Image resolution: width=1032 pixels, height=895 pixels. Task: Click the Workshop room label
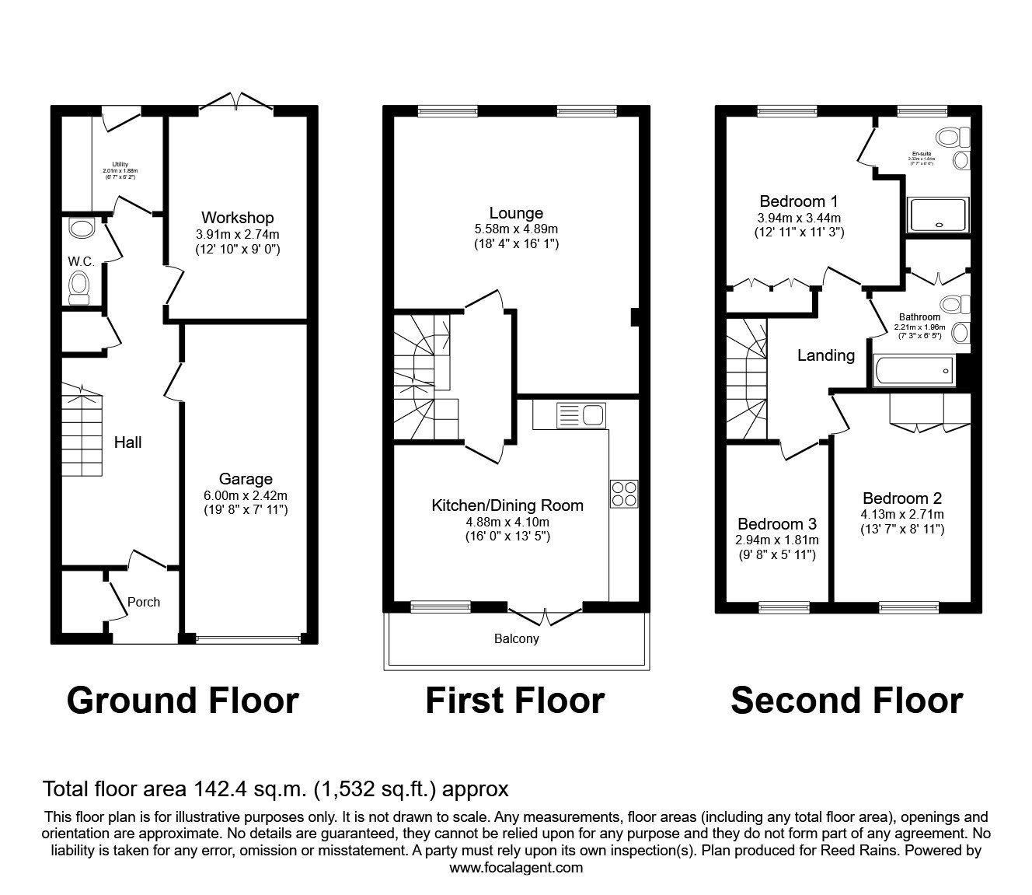[237, 218]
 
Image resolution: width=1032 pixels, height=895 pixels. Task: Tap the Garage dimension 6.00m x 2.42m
[246, 495]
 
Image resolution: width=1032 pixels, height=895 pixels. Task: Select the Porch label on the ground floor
[144, 602]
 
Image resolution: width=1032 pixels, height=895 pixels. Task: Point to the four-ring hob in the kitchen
[624, 494]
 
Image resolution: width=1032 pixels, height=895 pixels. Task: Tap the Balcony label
[516, 639]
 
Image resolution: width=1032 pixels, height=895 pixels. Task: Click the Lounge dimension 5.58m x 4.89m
[516, 229]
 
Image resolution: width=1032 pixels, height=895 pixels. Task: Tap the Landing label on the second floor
[826, 355]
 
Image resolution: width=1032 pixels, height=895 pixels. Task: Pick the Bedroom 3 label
[777, 524]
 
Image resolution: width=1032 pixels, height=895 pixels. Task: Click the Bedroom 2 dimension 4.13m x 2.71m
[901, 515]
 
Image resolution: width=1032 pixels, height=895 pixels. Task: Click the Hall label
[127, 442]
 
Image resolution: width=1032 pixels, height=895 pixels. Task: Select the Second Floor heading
[846, 701]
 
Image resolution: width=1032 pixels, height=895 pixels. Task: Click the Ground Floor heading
[183, 701]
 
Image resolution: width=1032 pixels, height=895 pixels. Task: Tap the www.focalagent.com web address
[516, 868]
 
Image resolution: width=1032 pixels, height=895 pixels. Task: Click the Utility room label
[120, 164]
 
